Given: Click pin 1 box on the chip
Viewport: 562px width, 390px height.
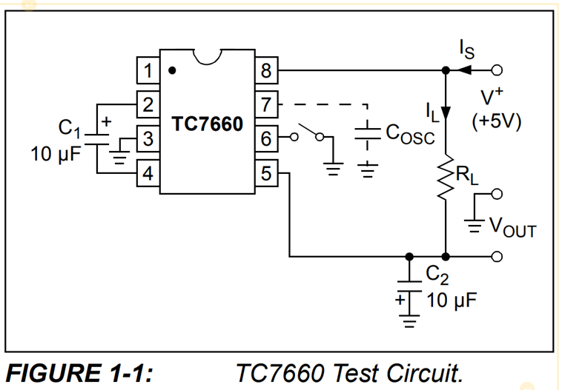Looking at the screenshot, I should pos(148,71).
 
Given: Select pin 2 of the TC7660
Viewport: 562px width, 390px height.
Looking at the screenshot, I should pos(148,104).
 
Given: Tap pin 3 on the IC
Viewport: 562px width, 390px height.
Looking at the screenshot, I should pos(148,138).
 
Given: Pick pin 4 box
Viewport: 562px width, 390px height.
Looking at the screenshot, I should pos(148,174).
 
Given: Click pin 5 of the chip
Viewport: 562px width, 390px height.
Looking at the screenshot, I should pos(266,174).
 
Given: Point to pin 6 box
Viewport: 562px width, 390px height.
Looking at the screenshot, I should pos(266,138).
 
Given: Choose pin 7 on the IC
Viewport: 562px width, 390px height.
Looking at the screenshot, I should pos(266,104).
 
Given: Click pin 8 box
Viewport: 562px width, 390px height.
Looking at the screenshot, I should pos(266,71).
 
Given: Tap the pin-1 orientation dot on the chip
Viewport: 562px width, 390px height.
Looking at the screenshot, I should pos(173,71).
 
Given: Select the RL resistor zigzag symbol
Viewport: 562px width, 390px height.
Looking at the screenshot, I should pos(446,178).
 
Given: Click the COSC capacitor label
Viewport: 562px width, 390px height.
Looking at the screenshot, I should pos(409,133).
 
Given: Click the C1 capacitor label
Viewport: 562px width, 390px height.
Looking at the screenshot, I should pos(70,129).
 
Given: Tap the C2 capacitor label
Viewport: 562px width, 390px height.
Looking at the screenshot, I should pos(435,277).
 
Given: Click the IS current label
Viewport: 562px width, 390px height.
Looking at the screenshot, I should pos(467,50).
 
